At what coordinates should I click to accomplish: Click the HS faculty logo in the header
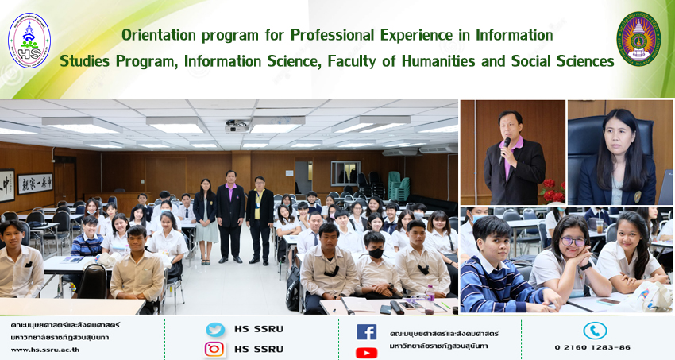[29, 41]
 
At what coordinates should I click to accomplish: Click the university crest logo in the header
[638, 39]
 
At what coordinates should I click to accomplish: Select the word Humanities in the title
[438, 61]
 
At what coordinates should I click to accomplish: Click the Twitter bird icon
[215, 330]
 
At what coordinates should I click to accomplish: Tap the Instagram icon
[214, 349]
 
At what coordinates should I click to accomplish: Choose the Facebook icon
[366, 332]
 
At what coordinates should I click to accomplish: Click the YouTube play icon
[366, 353]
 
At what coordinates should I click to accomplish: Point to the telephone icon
[595, 331]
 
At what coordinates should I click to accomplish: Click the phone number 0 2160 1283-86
[592, 347]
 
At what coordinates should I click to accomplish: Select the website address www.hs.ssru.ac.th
[45, 350]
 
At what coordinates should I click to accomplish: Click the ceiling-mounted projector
[237, 126]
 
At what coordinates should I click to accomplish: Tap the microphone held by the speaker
[504, 150]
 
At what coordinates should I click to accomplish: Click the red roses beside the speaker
[553, 191]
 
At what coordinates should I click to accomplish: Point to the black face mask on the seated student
[376, 254]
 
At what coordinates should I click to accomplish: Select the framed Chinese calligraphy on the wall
[35, 184]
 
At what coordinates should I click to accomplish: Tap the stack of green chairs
[399, 185]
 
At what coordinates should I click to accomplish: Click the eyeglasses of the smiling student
[573, 242]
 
